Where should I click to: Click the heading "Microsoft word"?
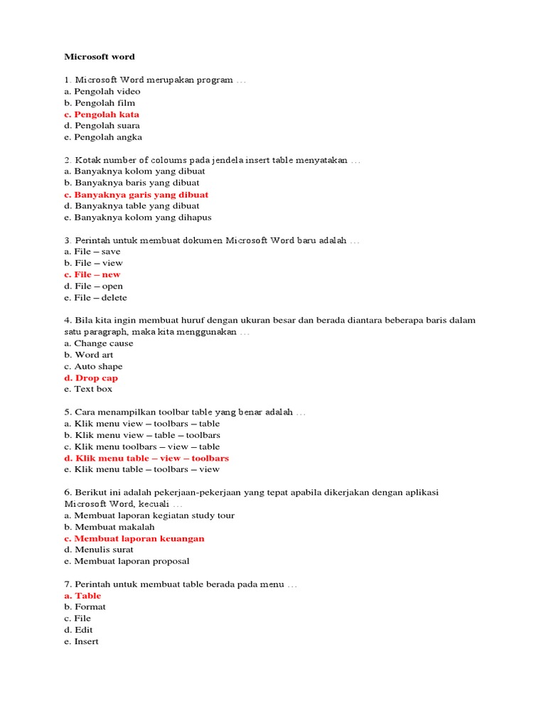click(100, 57)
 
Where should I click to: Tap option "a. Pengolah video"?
click(102, 92)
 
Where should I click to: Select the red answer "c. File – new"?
click(92, 274)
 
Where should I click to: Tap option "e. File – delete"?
click(95, 298)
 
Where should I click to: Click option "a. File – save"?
click(92, 252)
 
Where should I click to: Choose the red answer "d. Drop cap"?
click(91, 378)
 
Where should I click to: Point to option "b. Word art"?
click(89, 355)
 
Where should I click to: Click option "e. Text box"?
click(88, 390)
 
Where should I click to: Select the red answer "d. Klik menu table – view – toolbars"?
click(146, 459)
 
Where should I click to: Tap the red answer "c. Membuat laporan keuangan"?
click(134, 539)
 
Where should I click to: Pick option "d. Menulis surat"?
click(99, 550)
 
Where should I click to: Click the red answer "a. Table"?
click(82, 596)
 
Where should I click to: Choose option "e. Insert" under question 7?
click(81, 642)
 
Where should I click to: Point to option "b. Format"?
click(85, 607)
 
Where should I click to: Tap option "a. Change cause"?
click(99, 343)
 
